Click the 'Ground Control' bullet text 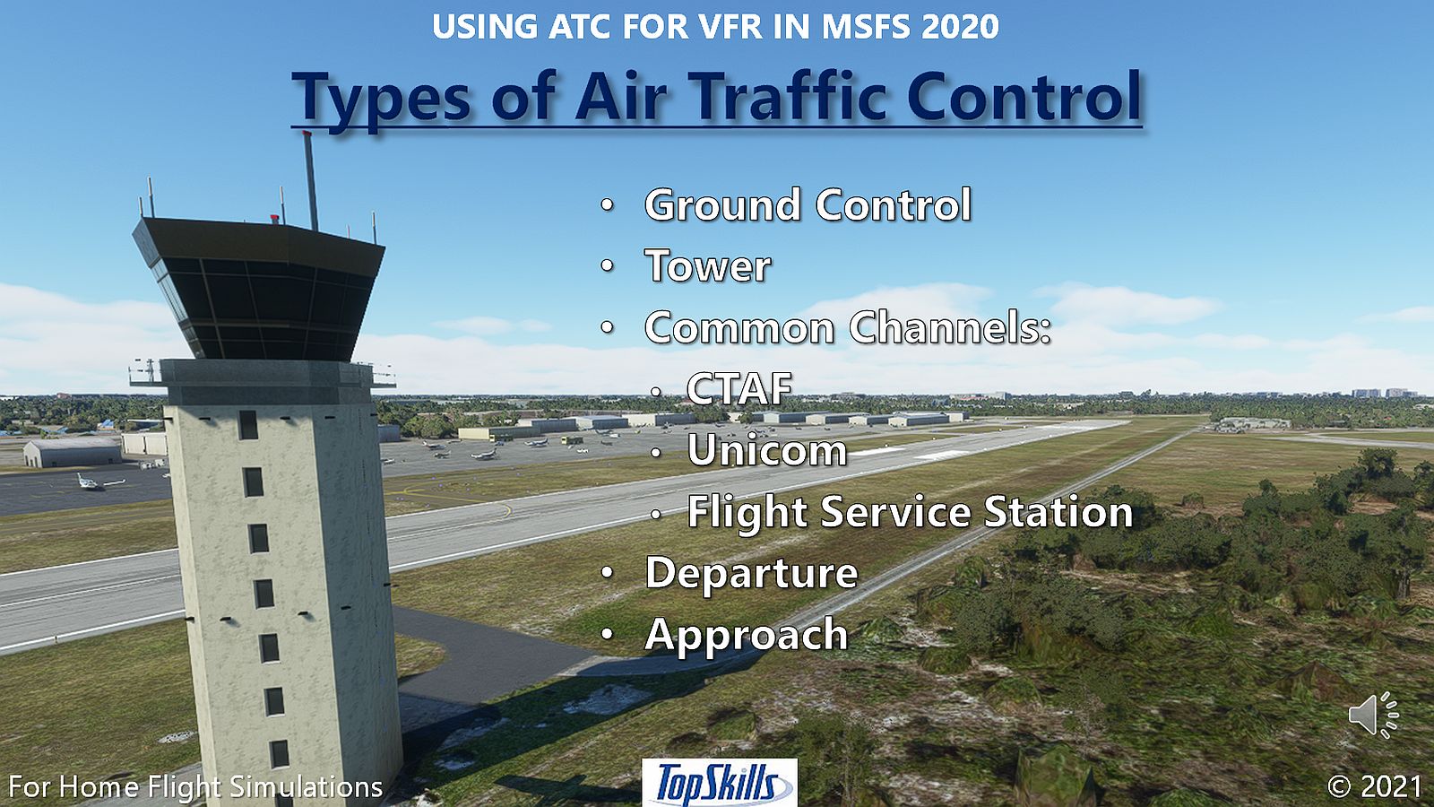[808, 205]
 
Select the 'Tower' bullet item [708, 265]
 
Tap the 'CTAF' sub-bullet [739, 388]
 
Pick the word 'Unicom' [767, 449]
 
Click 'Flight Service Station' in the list [910, 512]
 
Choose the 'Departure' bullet [752, 573]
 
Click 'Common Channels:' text [848, 327]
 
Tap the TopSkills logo [720, 783]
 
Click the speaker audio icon [1373, 714]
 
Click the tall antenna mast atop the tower [310, 181]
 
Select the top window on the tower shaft [247, 425]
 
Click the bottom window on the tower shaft [279, 754]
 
